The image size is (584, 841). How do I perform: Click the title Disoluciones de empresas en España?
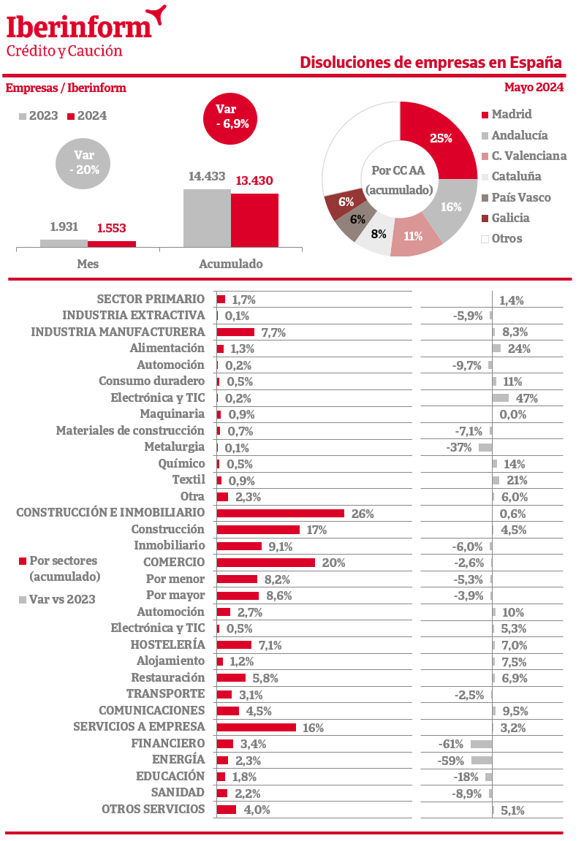pos(431,63)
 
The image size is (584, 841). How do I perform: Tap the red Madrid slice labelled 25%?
pos(439,139)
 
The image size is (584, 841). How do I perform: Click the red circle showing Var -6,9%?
pos(232,116)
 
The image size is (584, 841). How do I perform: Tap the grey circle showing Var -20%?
pos(85,161)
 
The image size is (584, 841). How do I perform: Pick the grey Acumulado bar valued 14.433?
pos(207,218)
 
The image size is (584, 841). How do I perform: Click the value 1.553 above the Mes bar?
pos(111,228)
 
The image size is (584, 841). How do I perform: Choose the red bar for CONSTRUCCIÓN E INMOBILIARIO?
pos(281,514)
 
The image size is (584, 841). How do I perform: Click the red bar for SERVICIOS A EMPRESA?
pos(257,728)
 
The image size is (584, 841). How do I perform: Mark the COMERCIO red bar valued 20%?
pos(266,563)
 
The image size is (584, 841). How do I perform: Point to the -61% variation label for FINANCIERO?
pos(451,744)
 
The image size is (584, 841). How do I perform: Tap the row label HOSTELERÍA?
pos(167,644)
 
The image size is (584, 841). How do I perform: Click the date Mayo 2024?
pos(534,88)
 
